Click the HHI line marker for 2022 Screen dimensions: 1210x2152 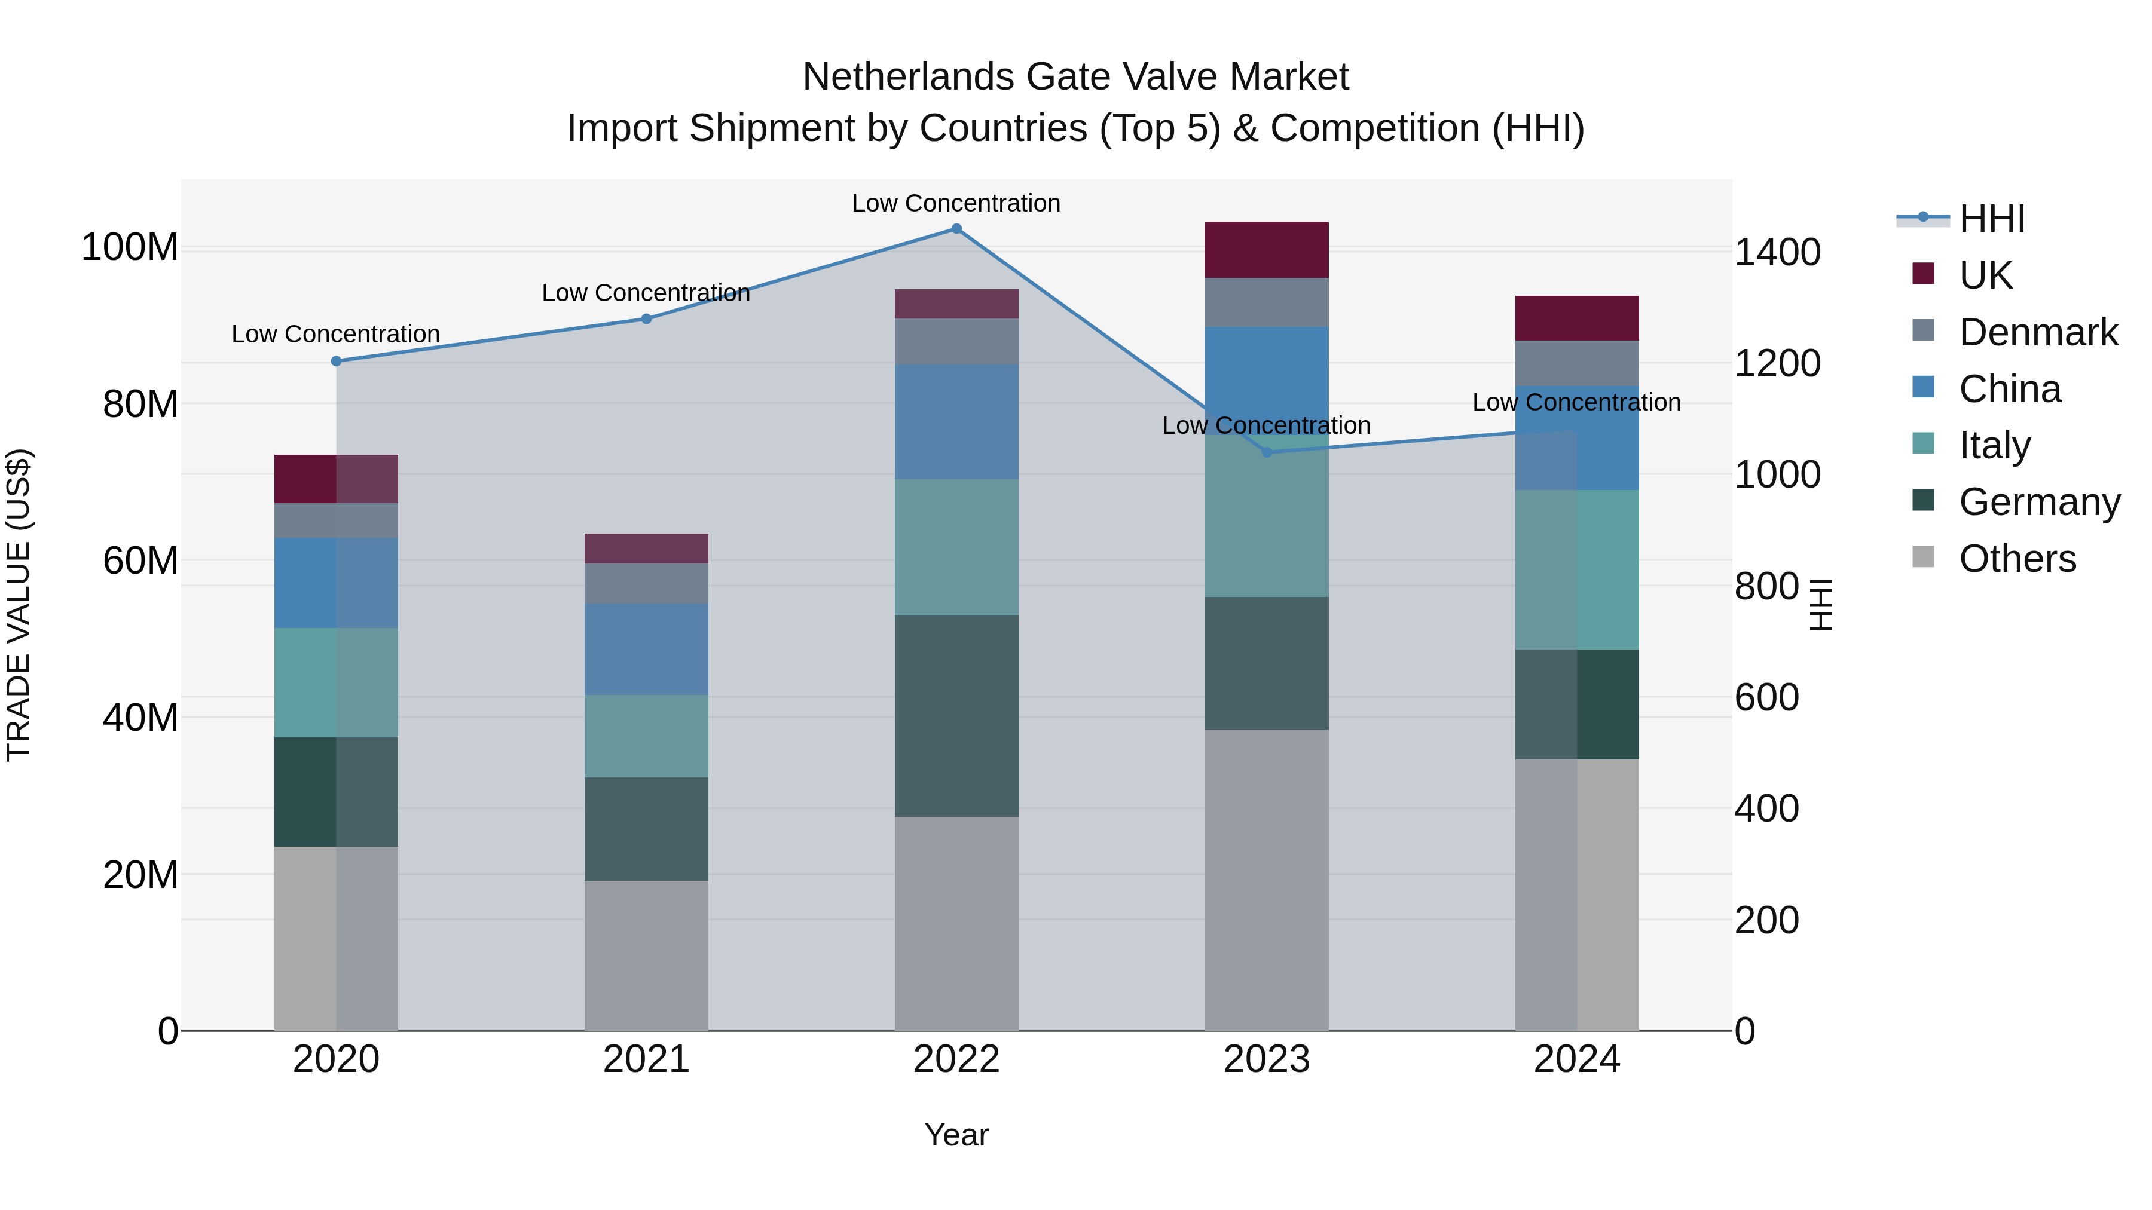(x=956, y=229)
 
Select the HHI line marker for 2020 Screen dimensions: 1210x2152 (x=336, y=362)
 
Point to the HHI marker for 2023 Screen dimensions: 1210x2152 (x=1267, y=452)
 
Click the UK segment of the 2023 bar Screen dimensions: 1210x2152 (x=1267, y=250)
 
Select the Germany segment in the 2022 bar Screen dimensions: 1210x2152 (x=956, y=716)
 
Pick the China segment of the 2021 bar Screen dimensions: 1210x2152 (x=646, y=650)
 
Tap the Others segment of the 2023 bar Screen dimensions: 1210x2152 (x=1267, y=880)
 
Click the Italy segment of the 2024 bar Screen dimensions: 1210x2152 (x=1576, y=569)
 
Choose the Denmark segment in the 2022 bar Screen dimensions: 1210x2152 (x=956, y=342)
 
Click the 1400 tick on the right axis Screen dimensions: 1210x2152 (x=1777, y=252)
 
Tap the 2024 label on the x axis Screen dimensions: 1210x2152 (x=1576, y=1059)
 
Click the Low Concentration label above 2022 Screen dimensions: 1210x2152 (x=956, y=203)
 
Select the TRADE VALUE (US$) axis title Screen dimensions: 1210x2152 (x=19, y=605)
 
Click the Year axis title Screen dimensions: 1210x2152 (x=956, y=1135)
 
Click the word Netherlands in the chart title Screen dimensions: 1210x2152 (x=908, y=77)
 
